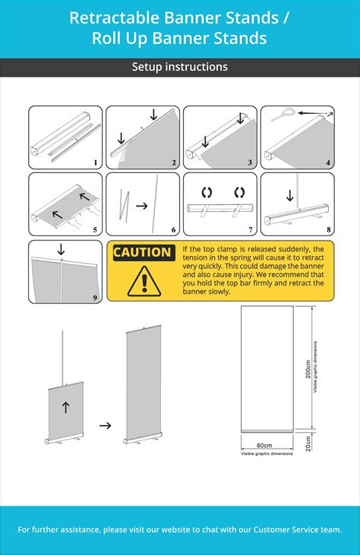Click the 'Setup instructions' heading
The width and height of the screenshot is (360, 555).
point(180,67)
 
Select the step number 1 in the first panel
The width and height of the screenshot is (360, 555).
point(95,162)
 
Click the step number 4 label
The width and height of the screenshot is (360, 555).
point(327,162)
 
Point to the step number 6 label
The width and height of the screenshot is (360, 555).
point(173,230)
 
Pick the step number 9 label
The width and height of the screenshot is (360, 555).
point(95,298)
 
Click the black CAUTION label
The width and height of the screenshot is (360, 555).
point(143,252)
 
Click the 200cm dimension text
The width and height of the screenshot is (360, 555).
point(308,369)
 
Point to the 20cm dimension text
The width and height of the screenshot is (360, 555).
point(308,443)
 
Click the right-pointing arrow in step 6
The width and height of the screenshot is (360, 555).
point(142,204)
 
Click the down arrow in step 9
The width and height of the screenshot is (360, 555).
point(61,248)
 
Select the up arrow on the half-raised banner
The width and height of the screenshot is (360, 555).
point(65,408)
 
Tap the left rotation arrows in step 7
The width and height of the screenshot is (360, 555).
point(205,191)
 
